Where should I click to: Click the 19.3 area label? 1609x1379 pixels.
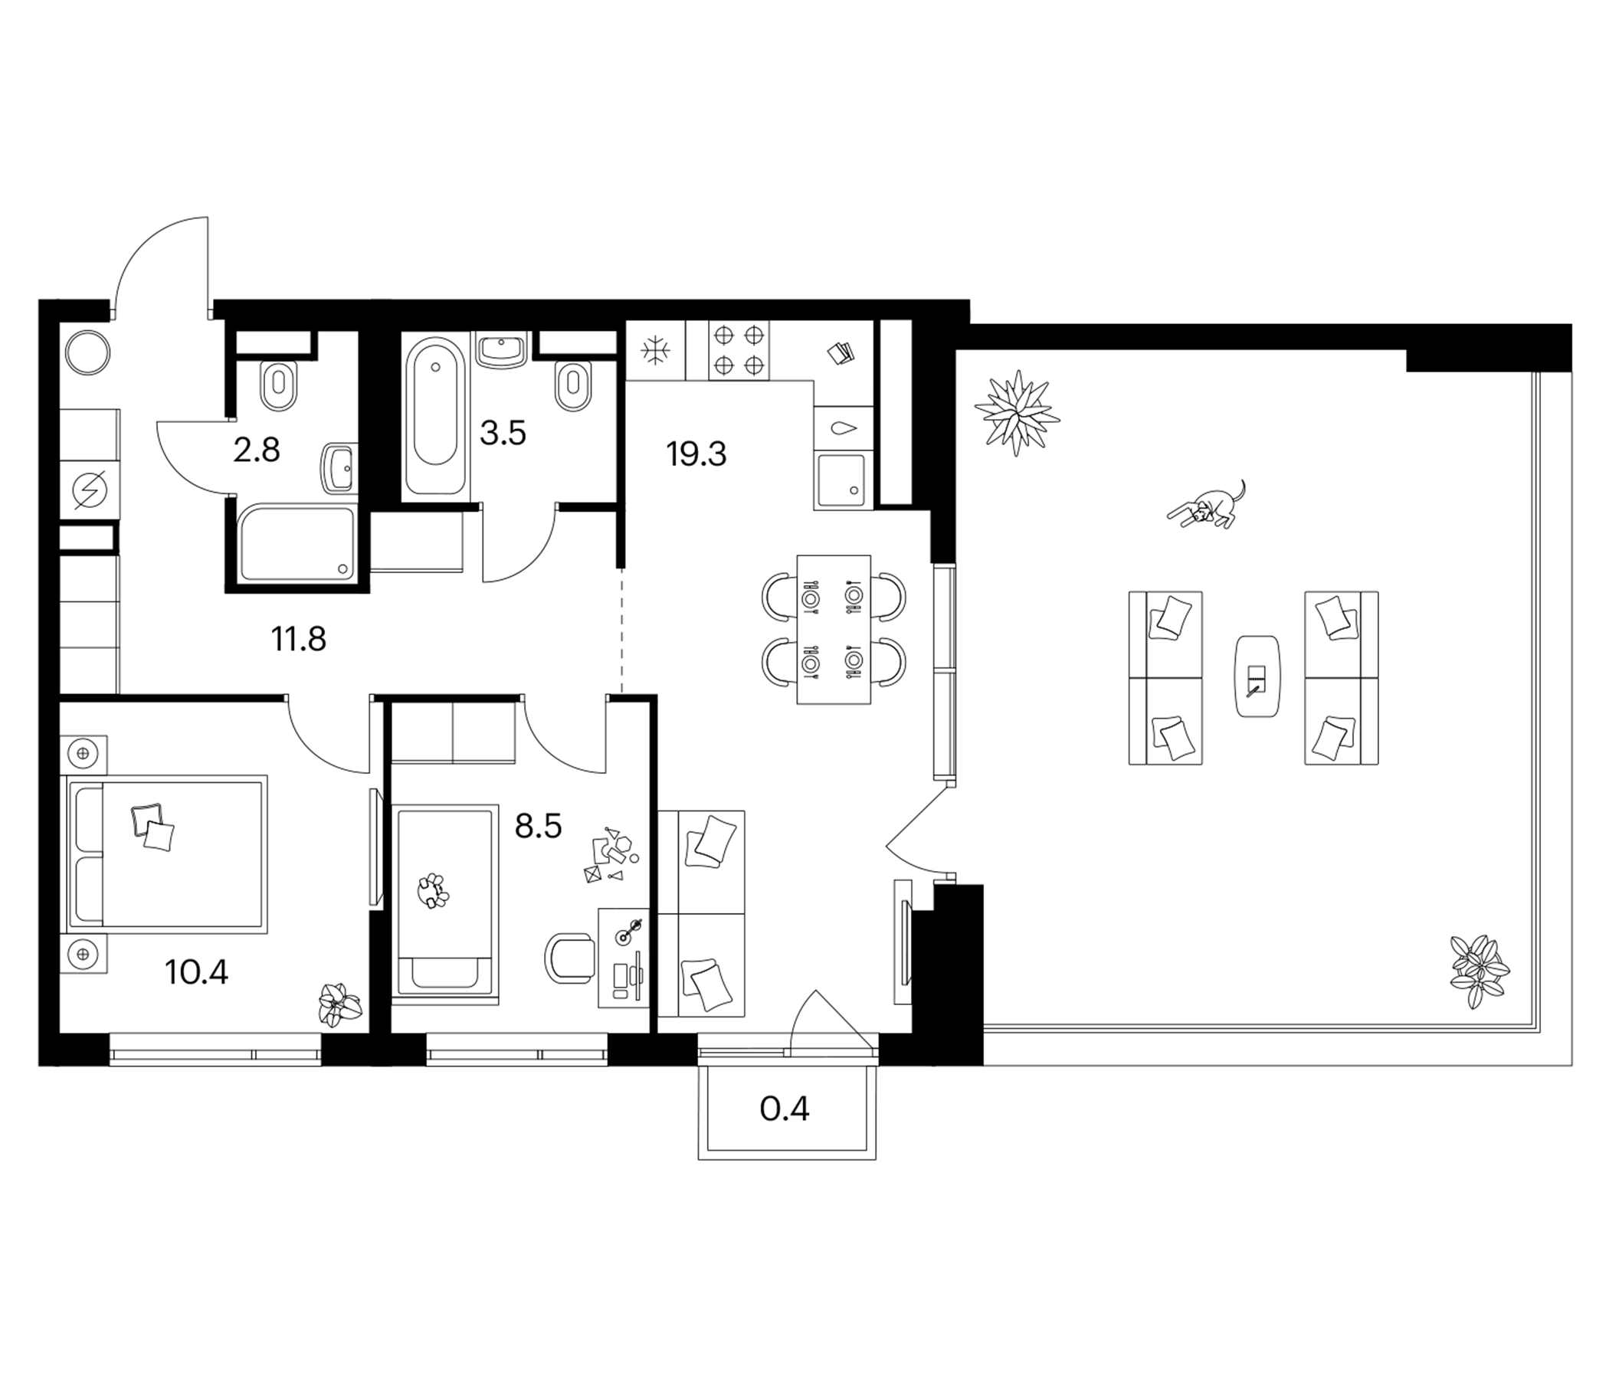coord(696,455)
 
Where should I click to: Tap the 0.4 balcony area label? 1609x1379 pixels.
coord(785,1109)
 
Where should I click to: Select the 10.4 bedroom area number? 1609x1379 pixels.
coord(196,972)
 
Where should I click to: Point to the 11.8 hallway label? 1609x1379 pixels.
coord(298,640)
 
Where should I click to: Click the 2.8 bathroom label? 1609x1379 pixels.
coord(256,450)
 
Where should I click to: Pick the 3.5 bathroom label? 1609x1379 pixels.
coord(503,434)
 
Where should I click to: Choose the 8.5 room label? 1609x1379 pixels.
coord(538,827)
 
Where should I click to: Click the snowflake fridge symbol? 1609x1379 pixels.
coord(655,351)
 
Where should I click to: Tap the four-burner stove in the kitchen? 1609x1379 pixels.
coord(739,350)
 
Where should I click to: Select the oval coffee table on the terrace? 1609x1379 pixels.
coord(1257,676)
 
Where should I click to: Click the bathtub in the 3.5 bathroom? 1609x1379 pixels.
coord(435,418)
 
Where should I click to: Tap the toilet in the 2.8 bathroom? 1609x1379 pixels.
coord(279,386)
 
